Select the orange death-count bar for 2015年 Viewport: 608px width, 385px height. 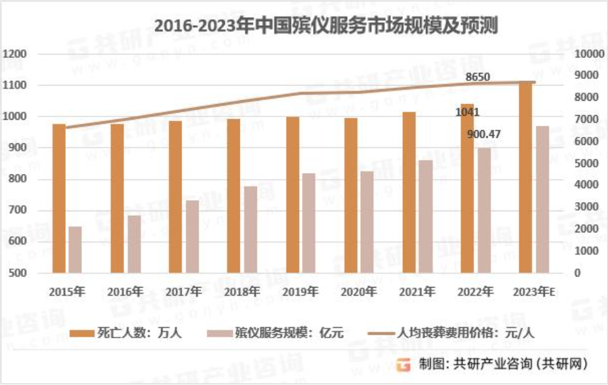(59, 198)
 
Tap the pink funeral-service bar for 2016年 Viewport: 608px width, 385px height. (134, 244)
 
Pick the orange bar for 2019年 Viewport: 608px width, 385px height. (292, 195)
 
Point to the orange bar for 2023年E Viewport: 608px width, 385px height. (525, 177)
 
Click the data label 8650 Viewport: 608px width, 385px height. (478, 78)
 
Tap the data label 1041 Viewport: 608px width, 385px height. (467, 112)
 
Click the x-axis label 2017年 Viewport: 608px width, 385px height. (183, 291)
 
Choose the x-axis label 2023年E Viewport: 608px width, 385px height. (533, 291)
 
